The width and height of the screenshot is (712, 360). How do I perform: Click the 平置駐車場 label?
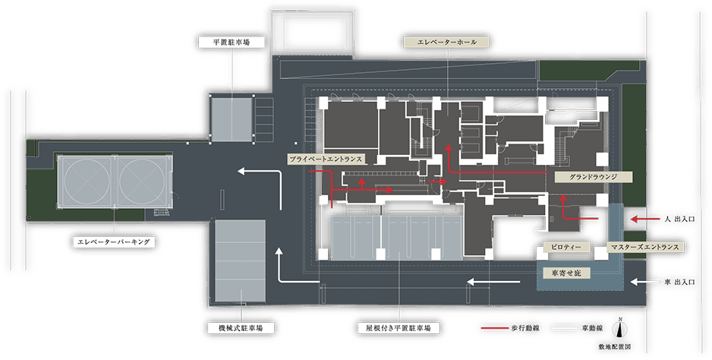coord(232,43)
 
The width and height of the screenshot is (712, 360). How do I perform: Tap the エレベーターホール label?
coord(446,43)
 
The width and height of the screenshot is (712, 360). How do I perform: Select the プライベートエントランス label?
coord(326,159)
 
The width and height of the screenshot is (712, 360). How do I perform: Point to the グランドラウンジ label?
coord(593,177)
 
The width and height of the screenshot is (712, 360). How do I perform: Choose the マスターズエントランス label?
coord(644,247)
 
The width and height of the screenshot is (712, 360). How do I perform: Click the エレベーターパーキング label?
coord(114,242)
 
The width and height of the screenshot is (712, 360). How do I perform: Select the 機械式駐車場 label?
coord(241,327)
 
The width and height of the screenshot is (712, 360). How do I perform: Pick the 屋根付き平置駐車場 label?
coord(399,327)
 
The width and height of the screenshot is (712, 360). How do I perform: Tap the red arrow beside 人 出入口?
coord(645,219)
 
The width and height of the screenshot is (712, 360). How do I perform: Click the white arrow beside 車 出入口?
coord(645,282)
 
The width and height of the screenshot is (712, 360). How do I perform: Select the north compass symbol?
coord(619,329)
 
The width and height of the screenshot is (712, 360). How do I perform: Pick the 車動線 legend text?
coord(592,328)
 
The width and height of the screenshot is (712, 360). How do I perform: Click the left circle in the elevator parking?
coord(87,182)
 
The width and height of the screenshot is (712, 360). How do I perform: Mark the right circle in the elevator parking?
coord(142,182)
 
